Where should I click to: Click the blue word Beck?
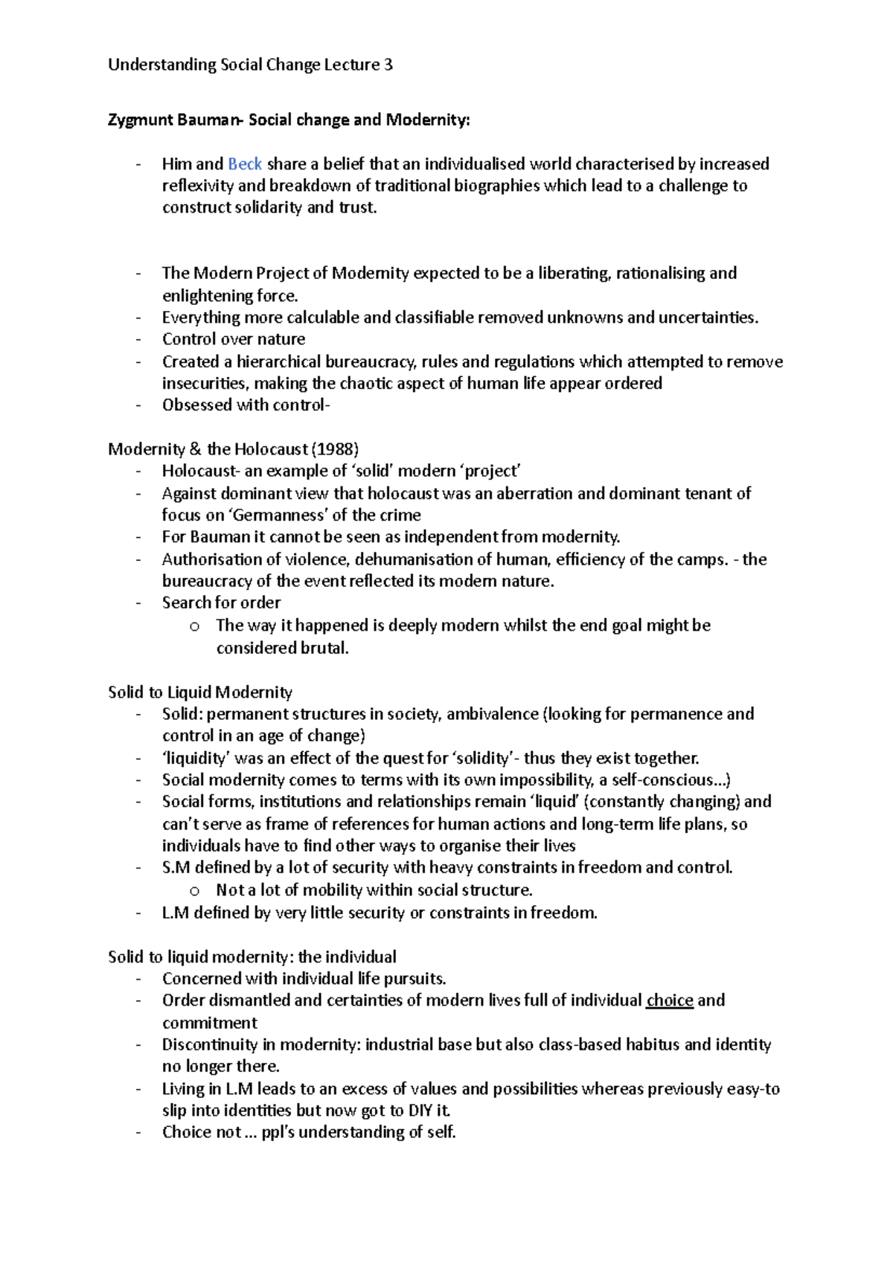(245, 164)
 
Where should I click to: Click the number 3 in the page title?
(388, 65)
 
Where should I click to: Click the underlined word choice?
(670, 1000)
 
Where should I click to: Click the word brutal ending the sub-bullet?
(324, 647)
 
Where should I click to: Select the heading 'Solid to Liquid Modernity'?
(200, 692)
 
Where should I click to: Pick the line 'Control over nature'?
(234, 339)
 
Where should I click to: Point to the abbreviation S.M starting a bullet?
(176, 867)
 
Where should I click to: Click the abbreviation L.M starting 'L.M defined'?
(175, 913)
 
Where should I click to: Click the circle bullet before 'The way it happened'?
(195, 626)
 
